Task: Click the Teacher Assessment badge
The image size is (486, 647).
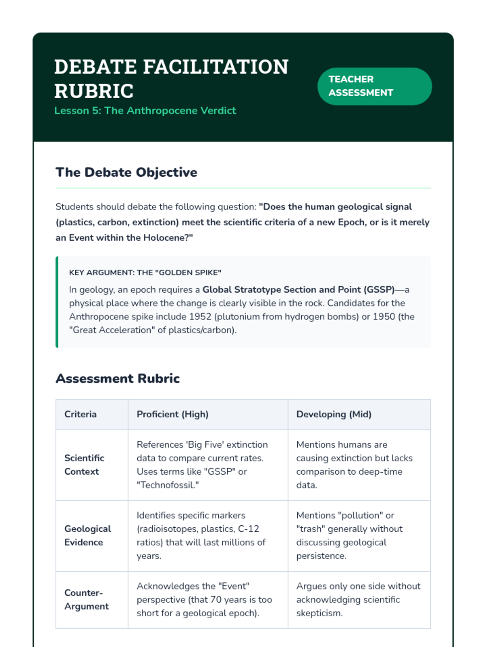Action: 374,86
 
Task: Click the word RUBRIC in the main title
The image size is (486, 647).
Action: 94,91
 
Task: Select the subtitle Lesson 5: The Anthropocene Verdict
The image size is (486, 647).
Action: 145,111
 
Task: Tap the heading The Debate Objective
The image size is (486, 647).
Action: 126,172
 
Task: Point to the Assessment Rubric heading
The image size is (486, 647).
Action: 117,378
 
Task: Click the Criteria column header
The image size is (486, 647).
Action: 81,414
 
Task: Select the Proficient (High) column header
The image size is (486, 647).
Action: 173,414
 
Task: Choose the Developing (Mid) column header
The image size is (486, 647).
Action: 334,414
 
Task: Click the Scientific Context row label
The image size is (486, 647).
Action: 84,465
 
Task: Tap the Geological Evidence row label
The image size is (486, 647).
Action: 87,535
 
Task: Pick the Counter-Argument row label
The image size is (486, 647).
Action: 87,599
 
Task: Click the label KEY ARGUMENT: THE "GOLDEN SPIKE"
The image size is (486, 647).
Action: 145,273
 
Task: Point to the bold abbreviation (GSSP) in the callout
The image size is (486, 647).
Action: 379,290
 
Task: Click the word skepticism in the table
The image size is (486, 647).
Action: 319,613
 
